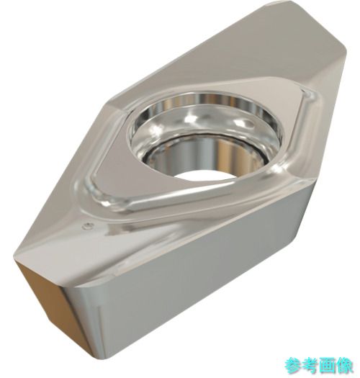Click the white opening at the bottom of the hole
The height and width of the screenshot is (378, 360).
[205, 175]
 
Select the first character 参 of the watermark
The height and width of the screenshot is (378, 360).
[292, 366]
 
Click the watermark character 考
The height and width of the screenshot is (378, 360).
[310, 366]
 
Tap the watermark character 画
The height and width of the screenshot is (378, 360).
[327, 366]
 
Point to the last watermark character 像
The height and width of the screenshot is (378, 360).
[344, 366]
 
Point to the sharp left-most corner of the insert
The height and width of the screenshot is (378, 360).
[14, 258]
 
